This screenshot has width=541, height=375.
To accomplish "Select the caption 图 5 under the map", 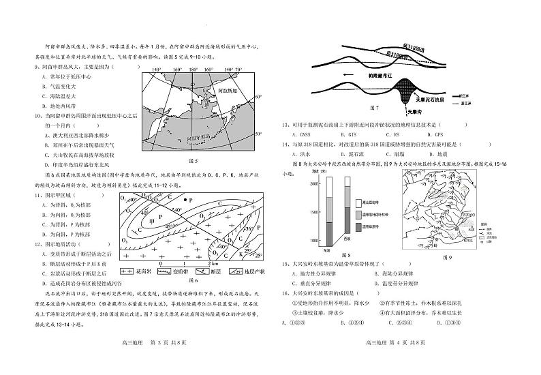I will pos(191,162).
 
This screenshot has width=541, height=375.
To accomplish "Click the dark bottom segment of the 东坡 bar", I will pos(328,234).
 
